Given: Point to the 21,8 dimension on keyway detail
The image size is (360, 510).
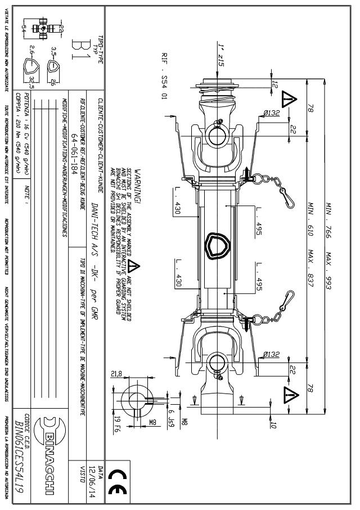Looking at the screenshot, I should (115, 374).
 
